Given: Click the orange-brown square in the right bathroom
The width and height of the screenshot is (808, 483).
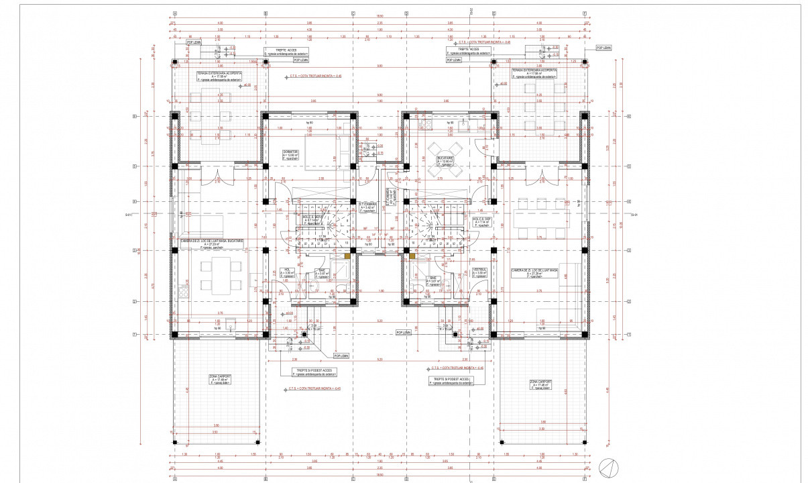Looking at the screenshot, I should [x=412, y=256].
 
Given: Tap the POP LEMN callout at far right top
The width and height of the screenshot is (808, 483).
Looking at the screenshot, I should [x=603, y=48].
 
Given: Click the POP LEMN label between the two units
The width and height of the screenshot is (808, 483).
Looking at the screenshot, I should [x=402, y=332].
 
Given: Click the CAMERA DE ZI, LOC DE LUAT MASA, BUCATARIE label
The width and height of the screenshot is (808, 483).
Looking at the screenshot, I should [x=212, y=242].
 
